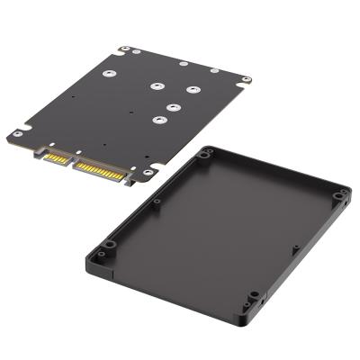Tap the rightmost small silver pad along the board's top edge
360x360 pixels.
point(214,70)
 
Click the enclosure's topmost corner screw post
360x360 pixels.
point(209,154)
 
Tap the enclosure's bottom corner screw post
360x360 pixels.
point(254,295)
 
